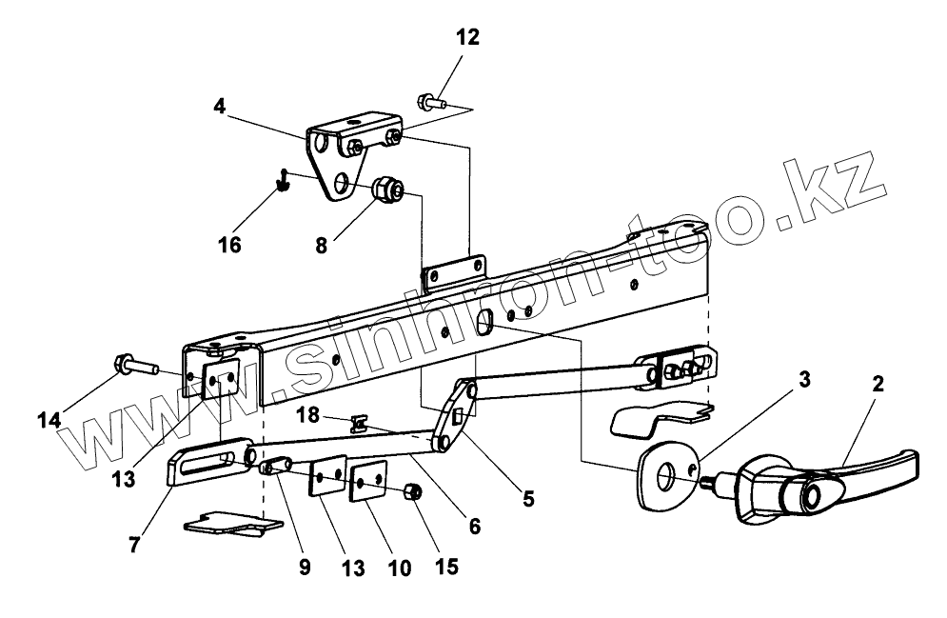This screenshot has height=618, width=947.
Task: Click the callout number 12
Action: (467, 38)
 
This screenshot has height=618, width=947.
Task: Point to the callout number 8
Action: (322, 245)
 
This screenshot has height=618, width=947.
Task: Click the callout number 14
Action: (49, 418)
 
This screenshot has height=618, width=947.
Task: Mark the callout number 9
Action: (304, 568)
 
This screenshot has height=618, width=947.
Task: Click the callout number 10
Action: (400, 568)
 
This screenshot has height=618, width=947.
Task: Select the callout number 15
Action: (445, 566)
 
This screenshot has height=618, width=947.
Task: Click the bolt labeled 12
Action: (429, 98)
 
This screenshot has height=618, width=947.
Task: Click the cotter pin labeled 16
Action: (283, 179)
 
